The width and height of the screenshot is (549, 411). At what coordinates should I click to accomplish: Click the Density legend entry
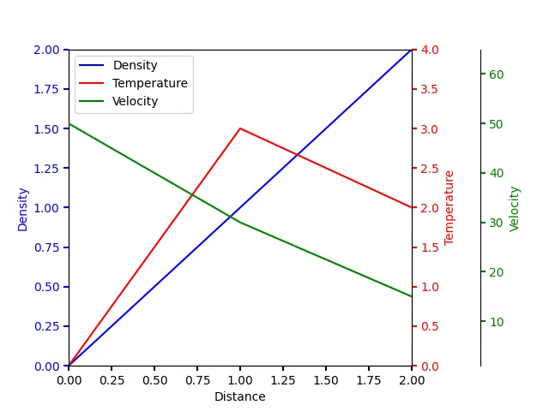pyautogui.click(x=135, y=65)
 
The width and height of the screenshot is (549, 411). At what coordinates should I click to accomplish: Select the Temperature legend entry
pyautogui.click(x=149, y=83)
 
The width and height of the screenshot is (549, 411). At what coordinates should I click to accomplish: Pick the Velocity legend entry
pyautogui.click(x=136, y=101)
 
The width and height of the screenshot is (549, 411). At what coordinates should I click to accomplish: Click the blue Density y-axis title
pyautogui.click(x=23, y=208)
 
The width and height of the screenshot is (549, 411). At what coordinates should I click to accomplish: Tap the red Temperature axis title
pyautogui.click(x=449, y=207)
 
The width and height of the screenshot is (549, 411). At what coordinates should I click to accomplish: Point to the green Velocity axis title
pyautogui.click(x=515, y=208)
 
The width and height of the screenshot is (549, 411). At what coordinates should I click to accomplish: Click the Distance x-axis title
pyautogui.click(x=240, y=396)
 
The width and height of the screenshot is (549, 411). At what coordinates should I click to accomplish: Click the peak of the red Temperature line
pyautogui.click(x=240, y=128)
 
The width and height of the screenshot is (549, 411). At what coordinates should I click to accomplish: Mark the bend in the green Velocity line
pyautogui.click(x=240, y=223)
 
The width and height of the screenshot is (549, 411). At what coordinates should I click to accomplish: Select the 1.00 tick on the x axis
pyautogui.click(x=240, y=379)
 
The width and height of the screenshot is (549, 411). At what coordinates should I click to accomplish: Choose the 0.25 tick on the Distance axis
pyautogui.click(x=112, y=379)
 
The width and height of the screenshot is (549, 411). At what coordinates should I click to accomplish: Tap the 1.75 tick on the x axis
pyautogui.click(x=369, y=379)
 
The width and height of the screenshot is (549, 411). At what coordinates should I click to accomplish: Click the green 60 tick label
pyautogui.click(x=496, y=74)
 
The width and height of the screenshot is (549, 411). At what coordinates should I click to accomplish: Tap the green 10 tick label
pyautogui.click(x=496, y=322)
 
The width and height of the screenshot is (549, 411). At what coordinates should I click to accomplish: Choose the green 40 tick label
pyautogui.click(x=496, y=174)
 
